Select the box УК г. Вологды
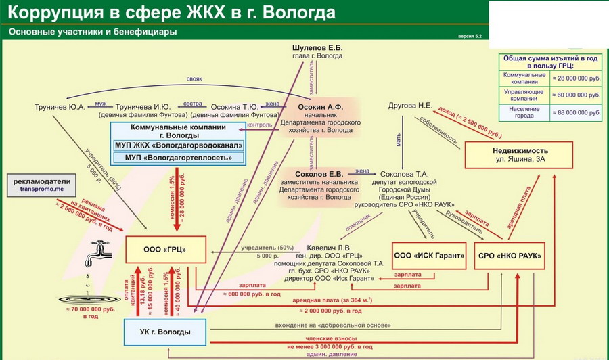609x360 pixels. pos(165,332)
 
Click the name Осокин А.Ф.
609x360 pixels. pos(320,107)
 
